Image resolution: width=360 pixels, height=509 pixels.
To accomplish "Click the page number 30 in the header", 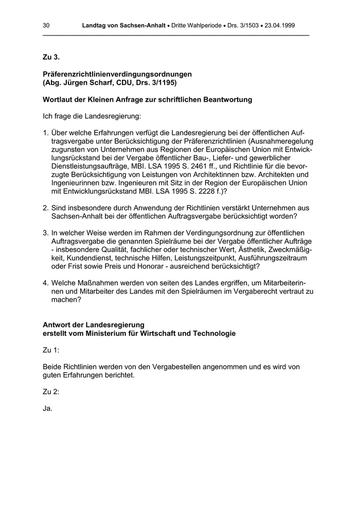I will pos(46,25).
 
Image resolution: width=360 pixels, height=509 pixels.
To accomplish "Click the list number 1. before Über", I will pos(46,133).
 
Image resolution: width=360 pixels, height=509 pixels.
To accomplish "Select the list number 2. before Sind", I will pos(46,208).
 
